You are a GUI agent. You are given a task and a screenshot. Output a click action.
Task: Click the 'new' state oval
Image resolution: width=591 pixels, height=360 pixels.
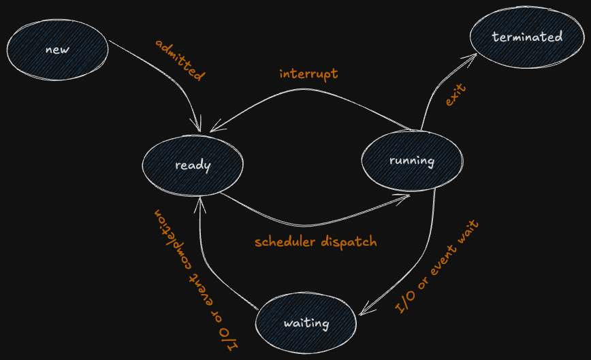point(57,50)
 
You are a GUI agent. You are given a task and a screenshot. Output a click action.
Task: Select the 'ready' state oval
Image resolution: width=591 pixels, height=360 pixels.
point(193,165)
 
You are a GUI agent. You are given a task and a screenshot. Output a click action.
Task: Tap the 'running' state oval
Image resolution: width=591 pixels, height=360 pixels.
point(411,161)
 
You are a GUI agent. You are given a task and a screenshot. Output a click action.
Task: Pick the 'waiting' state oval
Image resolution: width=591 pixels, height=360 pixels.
point(306,323)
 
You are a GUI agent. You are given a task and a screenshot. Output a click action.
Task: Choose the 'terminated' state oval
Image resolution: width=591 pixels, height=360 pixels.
point(527,37)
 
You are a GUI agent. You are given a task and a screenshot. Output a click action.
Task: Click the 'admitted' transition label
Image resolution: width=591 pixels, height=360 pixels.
point(180,61)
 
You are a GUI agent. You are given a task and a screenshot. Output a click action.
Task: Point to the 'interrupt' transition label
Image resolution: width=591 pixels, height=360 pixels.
point(308,73)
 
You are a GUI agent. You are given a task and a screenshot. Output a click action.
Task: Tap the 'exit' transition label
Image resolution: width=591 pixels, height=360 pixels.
point(455,95)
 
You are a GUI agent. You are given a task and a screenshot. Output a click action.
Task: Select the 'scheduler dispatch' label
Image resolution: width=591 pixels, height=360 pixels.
point(315,242)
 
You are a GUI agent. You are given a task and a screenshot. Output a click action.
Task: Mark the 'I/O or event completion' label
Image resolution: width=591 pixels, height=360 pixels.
point(195,279)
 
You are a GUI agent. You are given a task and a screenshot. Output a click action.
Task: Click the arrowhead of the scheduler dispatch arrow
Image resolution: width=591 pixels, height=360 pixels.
point(407,196)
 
